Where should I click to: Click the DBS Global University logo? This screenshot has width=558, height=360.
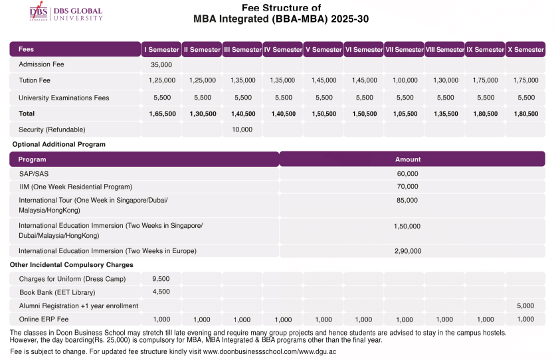click(66, 14)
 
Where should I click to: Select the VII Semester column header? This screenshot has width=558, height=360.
click(404, 50)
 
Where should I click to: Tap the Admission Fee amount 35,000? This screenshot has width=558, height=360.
click(161, 65)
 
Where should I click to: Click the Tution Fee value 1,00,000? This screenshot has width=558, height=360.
click(405, 80)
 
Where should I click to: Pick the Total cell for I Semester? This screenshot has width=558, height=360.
click(162, 114)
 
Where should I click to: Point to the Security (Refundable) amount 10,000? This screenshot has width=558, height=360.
click(242, 130)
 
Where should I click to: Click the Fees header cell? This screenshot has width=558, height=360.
click(27, 50)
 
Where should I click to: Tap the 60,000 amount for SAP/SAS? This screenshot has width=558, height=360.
click(407, 174)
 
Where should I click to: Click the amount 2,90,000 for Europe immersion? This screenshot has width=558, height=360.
click(408, 251)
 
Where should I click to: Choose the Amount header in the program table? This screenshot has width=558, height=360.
click(408, 159)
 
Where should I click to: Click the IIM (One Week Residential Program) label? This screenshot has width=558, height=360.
click(75, 187)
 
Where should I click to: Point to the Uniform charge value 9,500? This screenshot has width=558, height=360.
click(161, 279)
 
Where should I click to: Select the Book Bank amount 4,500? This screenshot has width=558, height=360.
click(161, 292)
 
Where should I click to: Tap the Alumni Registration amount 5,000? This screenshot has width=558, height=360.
click(525, 306)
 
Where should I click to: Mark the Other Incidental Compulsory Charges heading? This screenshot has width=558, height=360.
click(71, 265)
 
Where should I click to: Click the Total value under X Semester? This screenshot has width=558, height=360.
click(525, 114)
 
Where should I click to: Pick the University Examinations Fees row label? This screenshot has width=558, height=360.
click(64, 98)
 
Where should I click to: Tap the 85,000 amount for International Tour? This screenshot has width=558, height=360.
click(407, 200)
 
